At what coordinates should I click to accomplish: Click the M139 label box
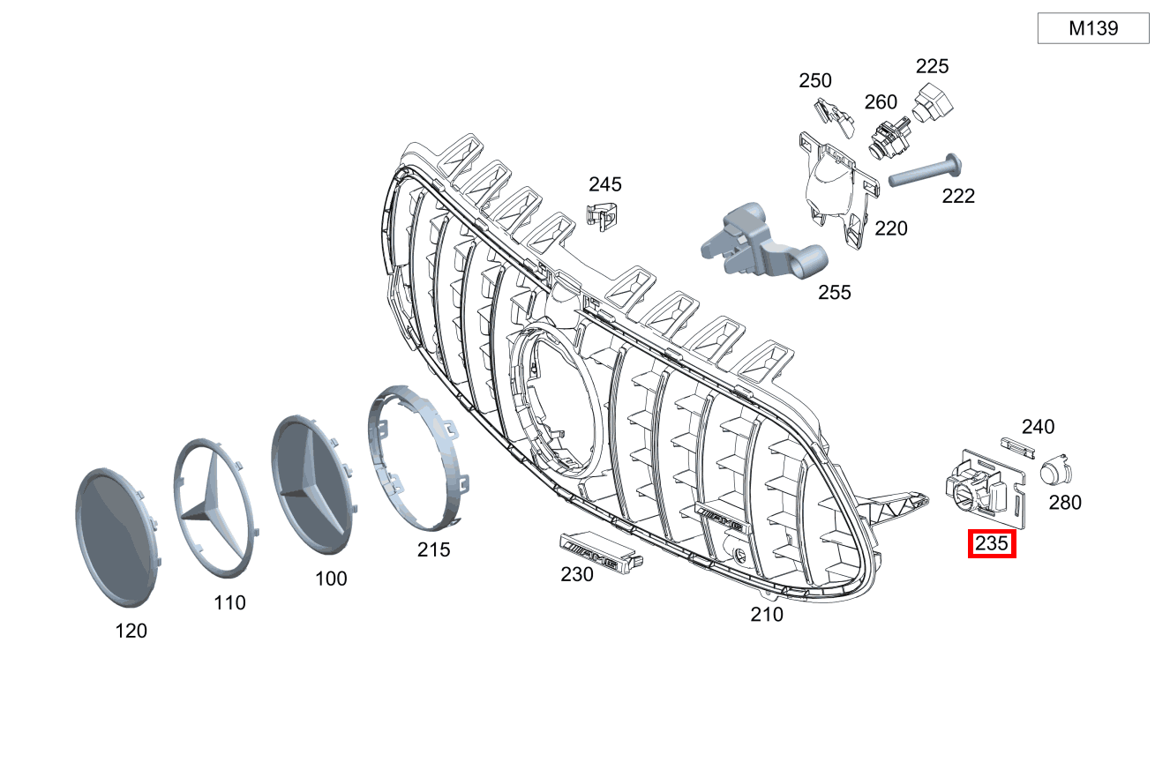(1092, 28)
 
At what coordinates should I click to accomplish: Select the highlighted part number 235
(992, 543)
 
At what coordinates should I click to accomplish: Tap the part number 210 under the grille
(766, 614)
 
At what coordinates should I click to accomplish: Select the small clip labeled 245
(601, 214)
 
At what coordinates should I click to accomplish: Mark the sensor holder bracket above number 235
(984, 485)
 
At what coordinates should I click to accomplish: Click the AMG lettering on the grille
(722, 513)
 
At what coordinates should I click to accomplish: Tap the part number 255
(834, 292)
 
